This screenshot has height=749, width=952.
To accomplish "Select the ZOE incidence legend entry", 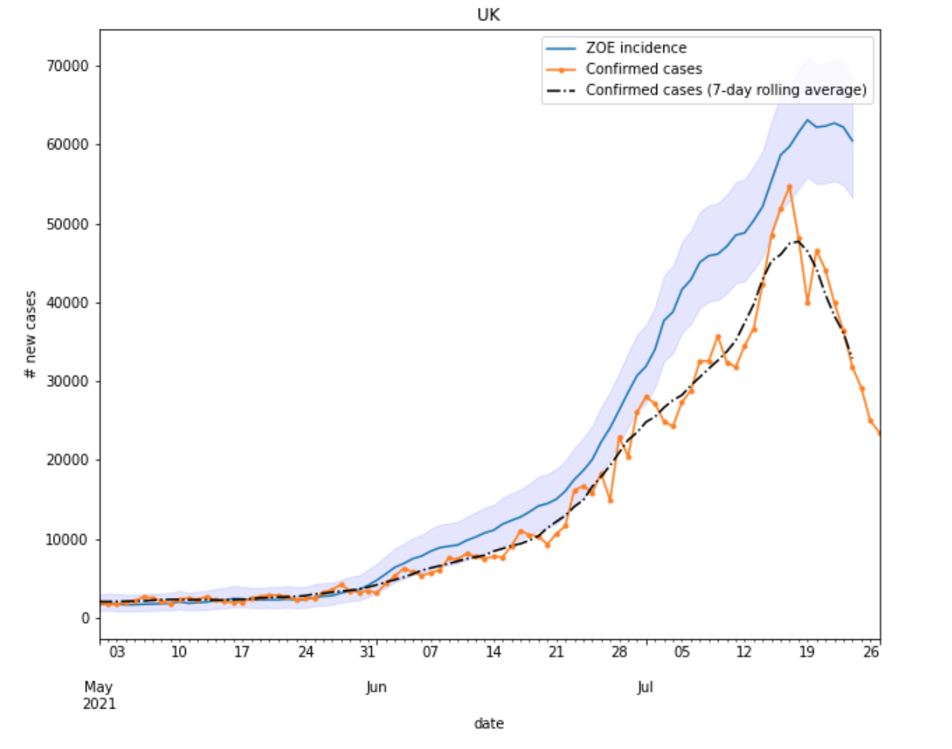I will [635, 47].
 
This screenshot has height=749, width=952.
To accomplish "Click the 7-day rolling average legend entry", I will [725, 90].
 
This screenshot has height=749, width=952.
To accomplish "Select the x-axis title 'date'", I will [489, 723].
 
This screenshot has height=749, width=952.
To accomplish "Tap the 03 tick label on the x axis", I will [117, 652].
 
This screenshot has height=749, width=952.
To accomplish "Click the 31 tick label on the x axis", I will [375, 652].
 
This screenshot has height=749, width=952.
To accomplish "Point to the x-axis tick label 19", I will [807, 652].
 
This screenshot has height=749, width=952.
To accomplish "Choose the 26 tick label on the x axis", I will [872, 652].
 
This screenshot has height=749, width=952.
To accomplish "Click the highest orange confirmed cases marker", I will [789, 187].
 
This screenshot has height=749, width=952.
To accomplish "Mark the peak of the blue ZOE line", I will [807, 120].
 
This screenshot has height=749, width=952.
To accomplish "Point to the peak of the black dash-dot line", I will [797, 241].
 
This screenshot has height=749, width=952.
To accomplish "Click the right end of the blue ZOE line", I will [852, 141].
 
